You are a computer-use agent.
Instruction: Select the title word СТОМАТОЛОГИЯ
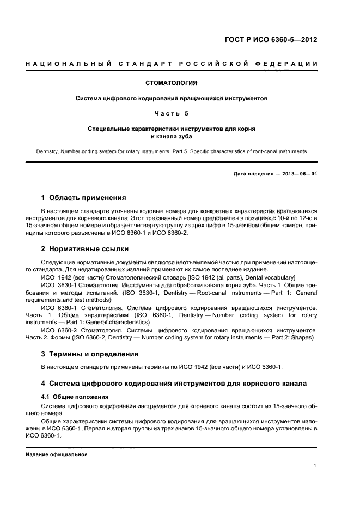(172, 83)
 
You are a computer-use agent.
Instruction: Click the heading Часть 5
(172, 114)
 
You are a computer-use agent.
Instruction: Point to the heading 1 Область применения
(84, 197)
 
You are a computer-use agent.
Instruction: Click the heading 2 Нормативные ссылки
(86, 249)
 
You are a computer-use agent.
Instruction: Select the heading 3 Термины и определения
(90, 354)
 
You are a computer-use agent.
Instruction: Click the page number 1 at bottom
(315, 466)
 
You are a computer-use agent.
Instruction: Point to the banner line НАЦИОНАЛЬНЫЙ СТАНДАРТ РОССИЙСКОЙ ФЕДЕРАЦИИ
(172, 65)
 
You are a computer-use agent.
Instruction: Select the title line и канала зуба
(172, 137)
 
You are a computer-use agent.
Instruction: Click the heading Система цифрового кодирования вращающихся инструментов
(172, 99)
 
